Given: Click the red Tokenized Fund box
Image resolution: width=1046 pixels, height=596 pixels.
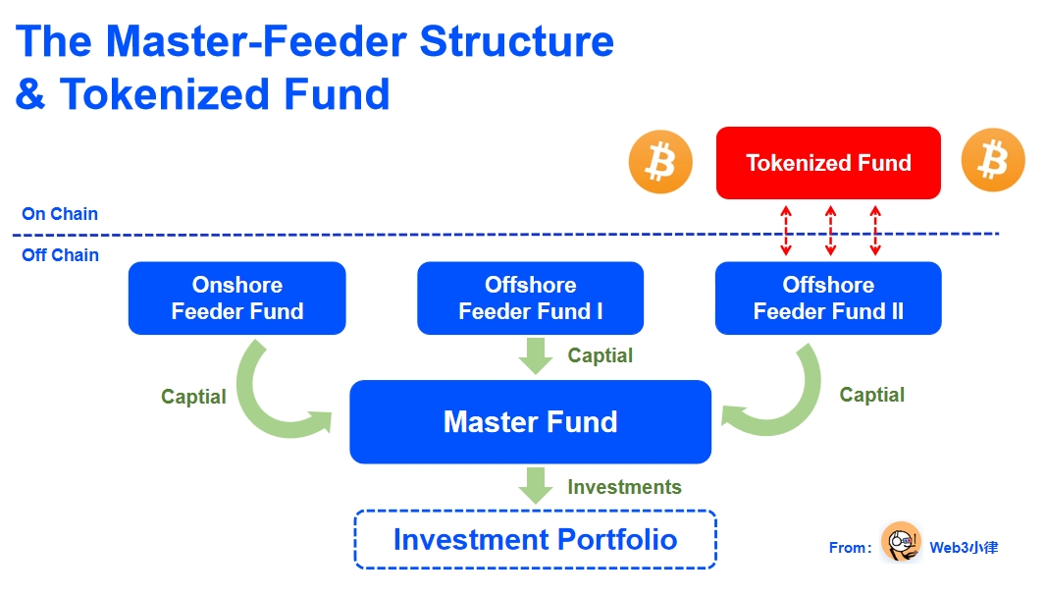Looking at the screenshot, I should click(x=828, y=163).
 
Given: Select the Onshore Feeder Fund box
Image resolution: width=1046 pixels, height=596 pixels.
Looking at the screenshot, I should click(x=236, y=298).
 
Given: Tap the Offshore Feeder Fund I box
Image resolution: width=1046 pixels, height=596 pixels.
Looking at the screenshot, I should click(x=530, y=298).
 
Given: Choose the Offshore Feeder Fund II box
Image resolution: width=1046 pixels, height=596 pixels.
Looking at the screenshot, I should click(x=828, y=298).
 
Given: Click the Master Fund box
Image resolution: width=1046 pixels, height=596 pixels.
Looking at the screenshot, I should click(x=530, y=422).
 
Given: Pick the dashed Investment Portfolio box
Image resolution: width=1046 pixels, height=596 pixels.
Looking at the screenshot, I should click(x=535, y=539).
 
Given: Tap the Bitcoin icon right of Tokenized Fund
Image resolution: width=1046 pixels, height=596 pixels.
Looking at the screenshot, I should click(x=993, y=160).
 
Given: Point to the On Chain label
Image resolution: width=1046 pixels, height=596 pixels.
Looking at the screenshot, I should click(x=60, y=214).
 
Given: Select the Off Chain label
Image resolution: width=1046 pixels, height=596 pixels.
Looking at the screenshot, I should click(x=61, y=255).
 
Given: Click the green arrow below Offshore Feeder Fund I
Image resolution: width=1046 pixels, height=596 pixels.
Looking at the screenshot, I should click(x=536, y=354).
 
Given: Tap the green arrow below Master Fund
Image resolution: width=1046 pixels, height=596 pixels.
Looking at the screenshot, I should click(x=536, y=485).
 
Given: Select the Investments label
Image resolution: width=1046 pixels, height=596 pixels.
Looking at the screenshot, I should click(x=624, y=487).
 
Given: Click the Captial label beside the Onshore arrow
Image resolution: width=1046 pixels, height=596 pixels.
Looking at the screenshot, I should click(x=193, y=397).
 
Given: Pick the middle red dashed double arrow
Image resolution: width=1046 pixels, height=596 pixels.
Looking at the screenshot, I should click(x=830, y=232).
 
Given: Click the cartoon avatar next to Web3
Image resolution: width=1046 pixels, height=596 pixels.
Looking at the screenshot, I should click(x=900, y=543).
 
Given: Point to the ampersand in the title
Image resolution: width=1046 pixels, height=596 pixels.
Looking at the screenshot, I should click(x=30, y=94).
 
